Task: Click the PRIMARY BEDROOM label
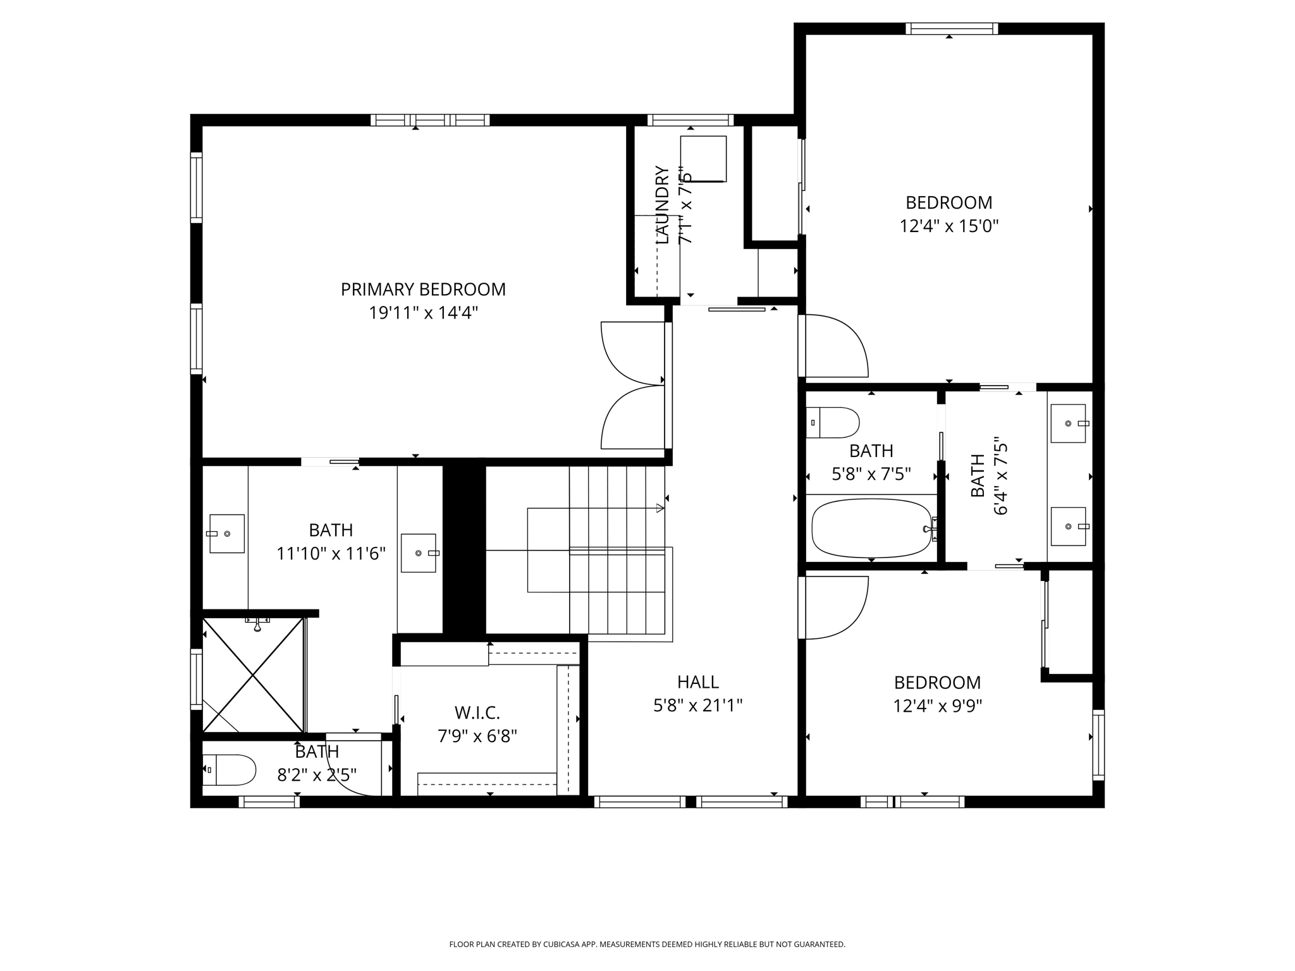(423, 290)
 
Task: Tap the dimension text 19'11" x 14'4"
(423, 313)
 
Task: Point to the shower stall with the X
(253, 675)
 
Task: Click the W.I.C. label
(477, 713)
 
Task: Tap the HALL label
(697, 682)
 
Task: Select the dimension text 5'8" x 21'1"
(697, 705)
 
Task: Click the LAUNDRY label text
(662, 205)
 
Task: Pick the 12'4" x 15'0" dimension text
(948, 226)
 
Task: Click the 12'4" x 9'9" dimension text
(937, 706)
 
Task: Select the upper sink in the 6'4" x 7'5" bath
(1068, 423)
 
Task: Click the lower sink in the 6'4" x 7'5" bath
(1068, 526)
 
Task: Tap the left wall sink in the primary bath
(226, 534)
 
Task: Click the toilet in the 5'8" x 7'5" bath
(833, 422)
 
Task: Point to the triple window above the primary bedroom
(430, 120)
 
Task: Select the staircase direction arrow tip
(662, 508)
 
